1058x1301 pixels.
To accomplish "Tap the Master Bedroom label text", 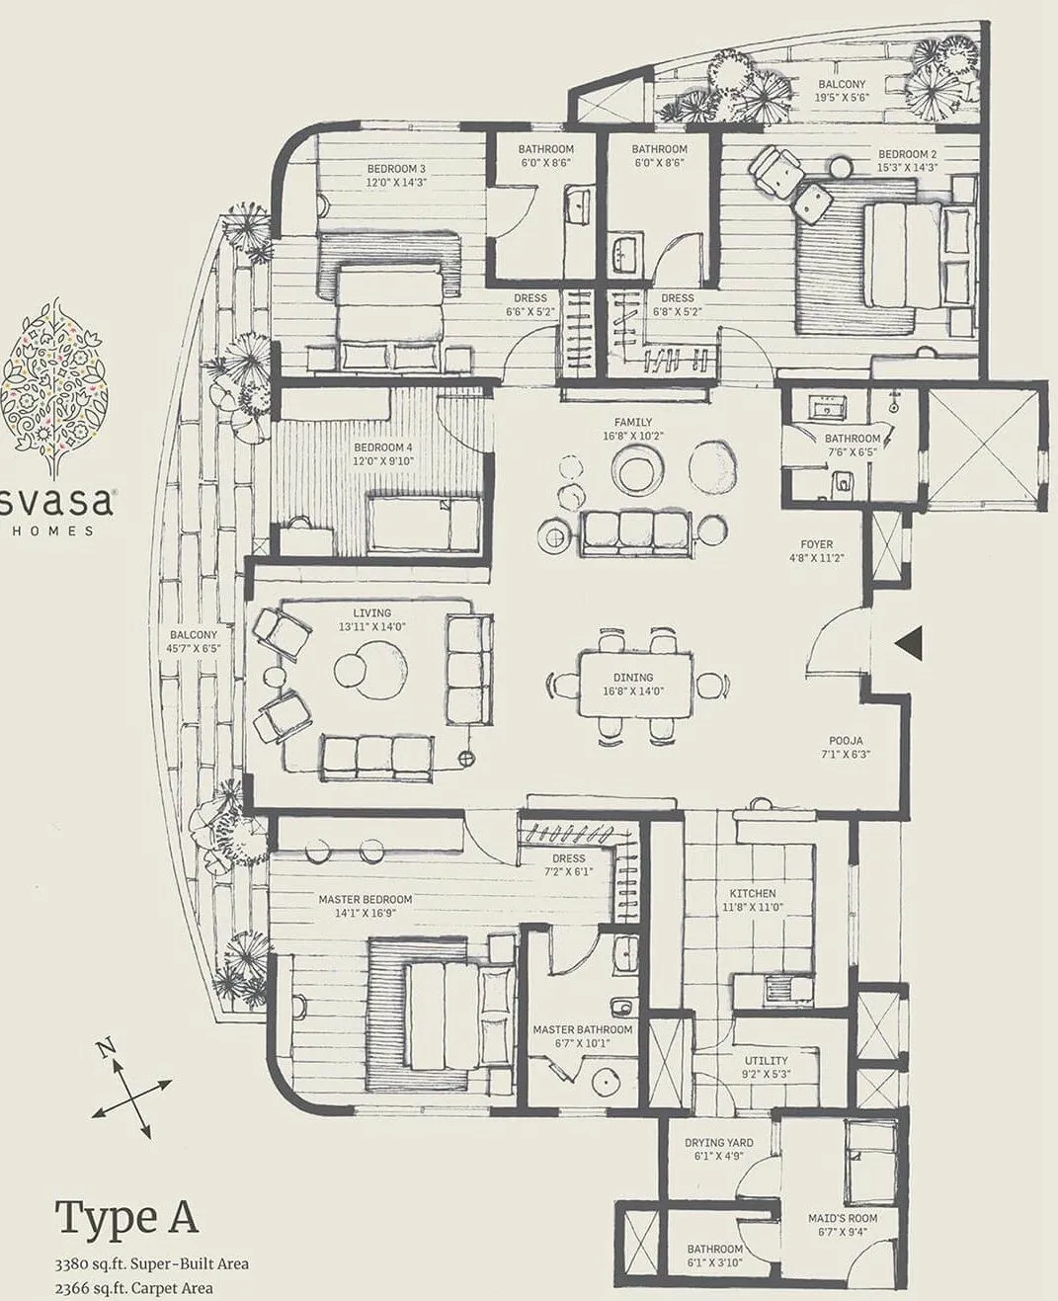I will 365,899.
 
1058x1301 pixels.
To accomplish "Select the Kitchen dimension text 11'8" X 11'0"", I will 753,906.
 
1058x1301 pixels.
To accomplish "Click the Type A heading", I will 125,1218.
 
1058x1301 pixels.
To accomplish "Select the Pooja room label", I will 846,740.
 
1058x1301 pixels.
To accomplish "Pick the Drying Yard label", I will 718,1143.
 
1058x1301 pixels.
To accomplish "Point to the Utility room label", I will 766,1061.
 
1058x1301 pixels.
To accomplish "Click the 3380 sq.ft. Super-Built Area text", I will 151,1263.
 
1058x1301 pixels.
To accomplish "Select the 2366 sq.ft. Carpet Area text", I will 133,1287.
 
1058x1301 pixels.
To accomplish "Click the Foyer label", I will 817,544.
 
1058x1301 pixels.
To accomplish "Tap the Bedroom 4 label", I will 383,447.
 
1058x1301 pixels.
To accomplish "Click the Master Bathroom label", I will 582,1029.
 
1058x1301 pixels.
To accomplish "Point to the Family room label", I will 632,422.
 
